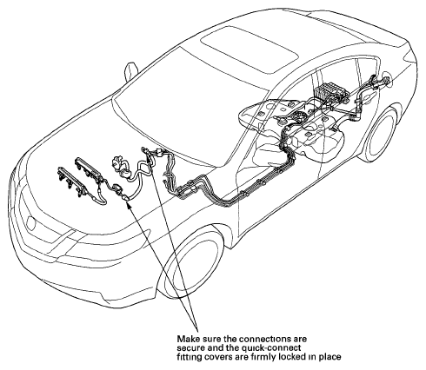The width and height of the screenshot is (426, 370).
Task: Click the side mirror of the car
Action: click(x=130, y=72)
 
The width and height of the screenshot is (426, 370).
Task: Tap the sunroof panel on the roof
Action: click(x=249, y=49)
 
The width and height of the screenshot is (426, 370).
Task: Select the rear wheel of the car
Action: click(x=380, y=134)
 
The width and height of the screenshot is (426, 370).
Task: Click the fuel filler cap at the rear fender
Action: click(x=386, y=81)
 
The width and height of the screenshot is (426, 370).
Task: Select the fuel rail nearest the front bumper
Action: click(x=70, y=181)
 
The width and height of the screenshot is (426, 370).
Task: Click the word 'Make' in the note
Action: click(x=189, y=339)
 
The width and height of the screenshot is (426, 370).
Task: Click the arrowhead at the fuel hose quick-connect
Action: click(x=129, y=204)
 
